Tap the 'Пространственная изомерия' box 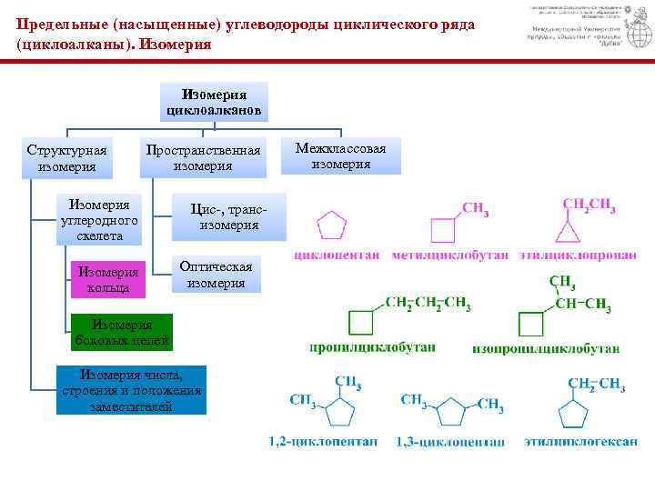[x=203, y=157]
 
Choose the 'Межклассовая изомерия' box [x=341, y=156]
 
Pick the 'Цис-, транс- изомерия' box [x=228, y=216]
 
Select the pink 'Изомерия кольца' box [x=108, y=279]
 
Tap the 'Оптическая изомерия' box [x=216, y=274]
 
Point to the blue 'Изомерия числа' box [x=131, y=389]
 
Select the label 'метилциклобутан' [x=450, y=257]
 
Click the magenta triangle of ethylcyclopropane [x=569, y=235]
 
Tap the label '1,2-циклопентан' [x=322, y=443]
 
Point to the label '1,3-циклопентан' [x=450, y=443]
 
